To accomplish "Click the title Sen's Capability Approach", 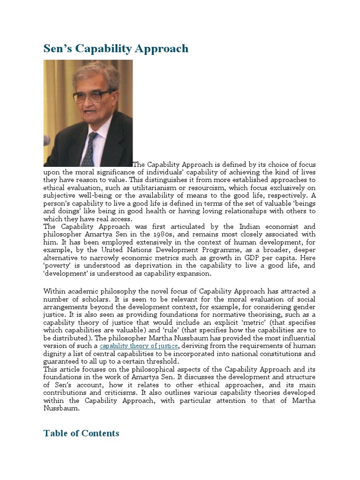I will click(116, 48).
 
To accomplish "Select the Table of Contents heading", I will click(81, 433).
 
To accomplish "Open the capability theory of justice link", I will click(139, 346).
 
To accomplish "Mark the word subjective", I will click(60, 195).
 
